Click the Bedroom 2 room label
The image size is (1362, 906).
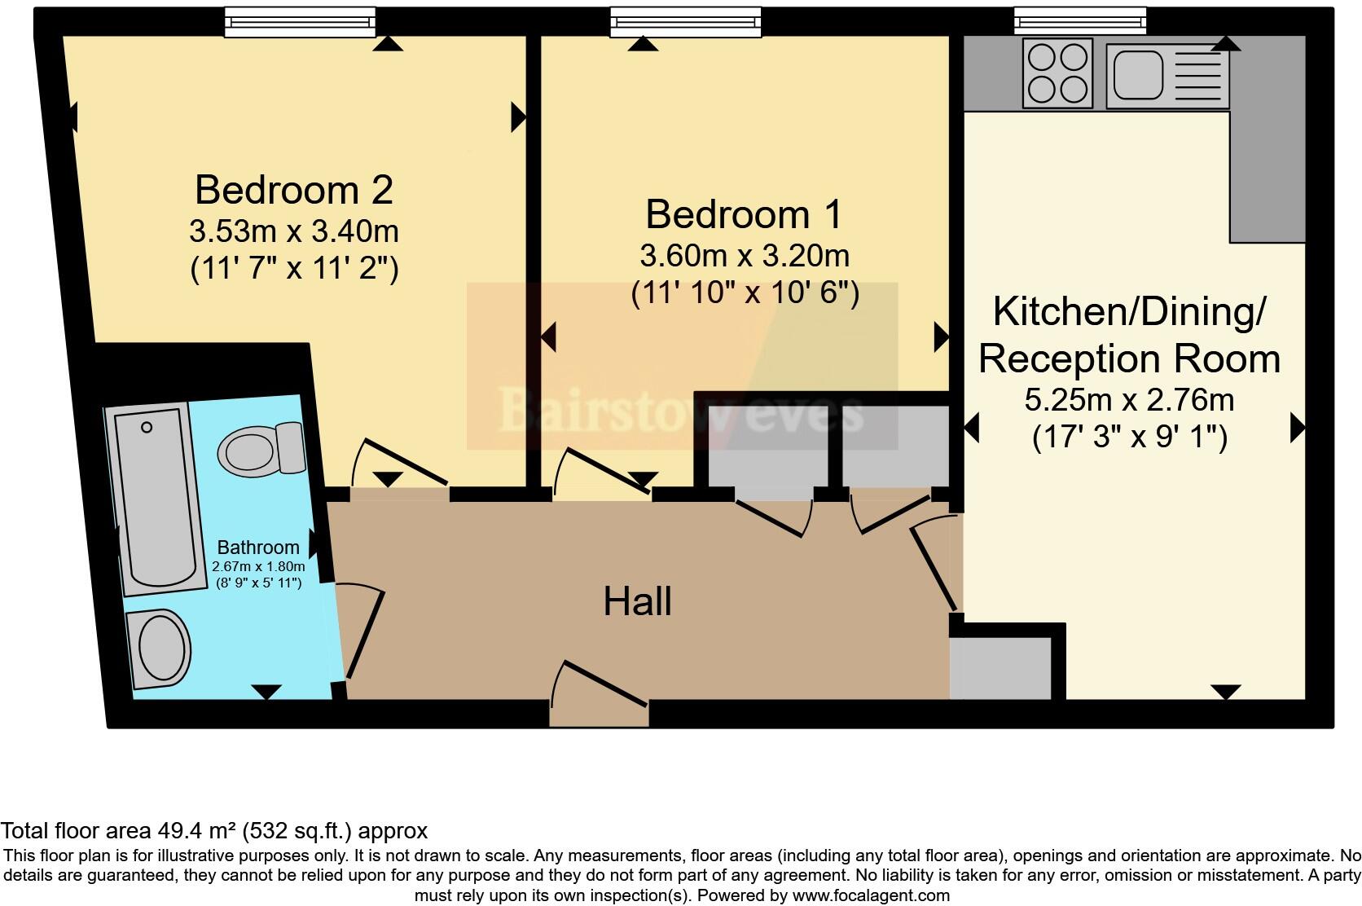[294, 190]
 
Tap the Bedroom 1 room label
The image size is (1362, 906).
[744, 214]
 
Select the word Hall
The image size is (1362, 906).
[637, 601]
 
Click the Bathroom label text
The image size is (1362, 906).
[258, 548]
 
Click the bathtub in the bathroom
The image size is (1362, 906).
[159, 499]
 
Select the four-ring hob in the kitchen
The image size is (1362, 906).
[1057, 75]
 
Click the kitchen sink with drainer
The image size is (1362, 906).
[1167, 75]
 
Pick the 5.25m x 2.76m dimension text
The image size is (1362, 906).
[1129, 400]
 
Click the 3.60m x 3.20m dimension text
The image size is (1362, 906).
[744, 256]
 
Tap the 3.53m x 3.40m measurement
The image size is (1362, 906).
[294, 231]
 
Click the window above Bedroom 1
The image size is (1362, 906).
[687, 22]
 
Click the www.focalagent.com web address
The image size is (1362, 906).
[870, 895]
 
